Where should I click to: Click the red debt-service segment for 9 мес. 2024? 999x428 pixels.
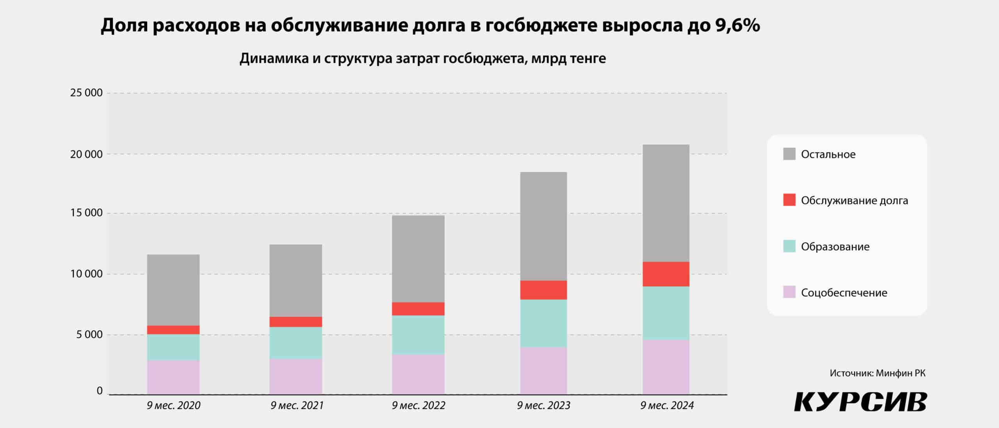point(666,274)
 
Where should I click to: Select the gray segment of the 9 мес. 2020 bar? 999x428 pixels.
point(173,290)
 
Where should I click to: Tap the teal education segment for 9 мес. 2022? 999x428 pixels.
point(418,335)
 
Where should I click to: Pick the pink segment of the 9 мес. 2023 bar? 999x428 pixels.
point(543,371)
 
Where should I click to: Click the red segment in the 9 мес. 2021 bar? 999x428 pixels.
point(295,322)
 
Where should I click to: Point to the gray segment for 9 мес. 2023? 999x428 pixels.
point(543,226)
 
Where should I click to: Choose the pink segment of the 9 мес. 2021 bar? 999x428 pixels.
point(295,376)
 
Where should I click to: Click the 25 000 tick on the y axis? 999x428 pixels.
point(86,93)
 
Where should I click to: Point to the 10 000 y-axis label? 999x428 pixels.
point(86,274)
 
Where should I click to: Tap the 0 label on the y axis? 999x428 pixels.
point(100,391)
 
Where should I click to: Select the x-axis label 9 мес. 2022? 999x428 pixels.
point(418,406)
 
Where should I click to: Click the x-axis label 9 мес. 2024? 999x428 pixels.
point(667,406)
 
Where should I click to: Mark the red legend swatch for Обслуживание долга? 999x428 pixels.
point(789,200)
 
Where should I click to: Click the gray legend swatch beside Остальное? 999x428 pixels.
point(789,154)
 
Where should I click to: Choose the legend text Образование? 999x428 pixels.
point(835,247)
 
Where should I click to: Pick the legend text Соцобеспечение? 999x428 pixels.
point(844,293)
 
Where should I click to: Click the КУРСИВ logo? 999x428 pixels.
point(860,402)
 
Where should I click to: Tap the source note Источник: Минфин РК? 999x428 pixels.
point(877,373)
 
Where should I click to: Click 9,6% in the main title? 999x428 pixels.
point(737,26)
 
